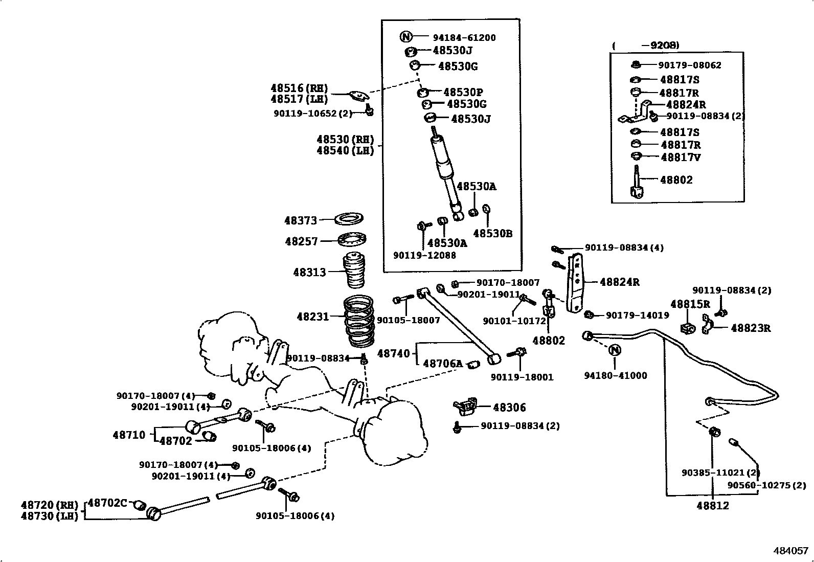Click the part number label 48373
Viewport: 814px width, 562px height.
(301, 220)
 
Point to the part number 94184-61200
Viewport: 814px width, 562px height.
(464, 37)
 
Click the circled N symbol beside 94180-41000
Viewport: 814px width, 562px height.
(615, 350)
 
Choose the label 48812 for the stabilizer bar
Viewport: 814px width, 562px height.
(712, 506)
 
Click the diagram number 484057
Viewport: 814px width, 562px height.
(790, 551)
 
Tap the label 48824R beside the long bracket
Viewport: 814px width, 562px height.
(619, 282)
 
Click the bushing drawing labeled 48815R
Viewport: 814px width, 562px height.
(688, 327)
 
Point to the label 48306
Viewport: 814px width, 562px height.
(509, 408)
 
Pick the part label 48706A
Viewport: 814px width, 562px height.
(443, 364)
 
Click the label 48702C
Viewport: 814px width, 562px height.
(107, 503)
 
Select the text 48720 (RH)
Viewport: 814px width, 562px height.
(50, 505)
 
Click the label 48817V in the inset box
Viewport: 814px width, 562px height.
(680, 157)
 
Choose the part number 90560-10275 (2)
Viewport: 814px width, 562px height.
(766, 485)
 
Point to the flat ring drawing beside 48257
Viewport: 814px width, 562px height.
(352, 239)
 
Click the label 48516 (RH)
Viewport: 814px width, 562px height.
(299, 88)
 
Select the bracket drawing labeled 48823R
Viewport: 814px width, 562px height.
(708, 324)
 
